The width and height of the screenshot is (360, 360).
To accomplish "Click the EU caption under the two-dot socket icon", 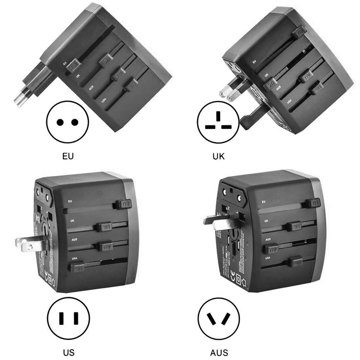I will click(68, 156).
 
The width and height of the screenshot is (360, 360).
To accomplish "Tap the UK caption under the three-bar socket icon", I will click(218, 156).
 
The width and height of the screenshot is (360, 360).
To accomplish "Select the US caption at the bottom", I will click(69, 352).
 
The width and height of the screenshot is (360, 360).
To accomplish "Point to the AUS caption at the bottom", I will click(219, 352).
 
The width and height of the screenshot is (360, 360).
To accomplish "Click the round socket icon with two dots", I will click(67, 122).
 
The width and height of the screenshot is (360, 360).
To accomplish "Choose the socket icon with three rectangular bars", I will click(218, 122).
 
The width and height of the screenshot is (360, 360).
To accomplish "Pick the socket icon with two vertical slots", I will click(69, 318).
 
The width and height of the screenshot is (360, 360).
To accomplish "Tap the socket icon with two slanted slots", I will click(219, 319).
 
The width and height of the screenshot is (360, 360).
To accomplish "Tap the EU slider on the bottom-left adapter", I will click(124, 204).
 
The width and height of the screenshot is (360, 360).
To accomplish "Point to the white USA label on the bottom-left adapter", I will click(75, 258).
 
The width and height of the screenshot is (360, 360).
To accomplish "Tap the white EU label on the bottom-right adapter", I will click(263, 201).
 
